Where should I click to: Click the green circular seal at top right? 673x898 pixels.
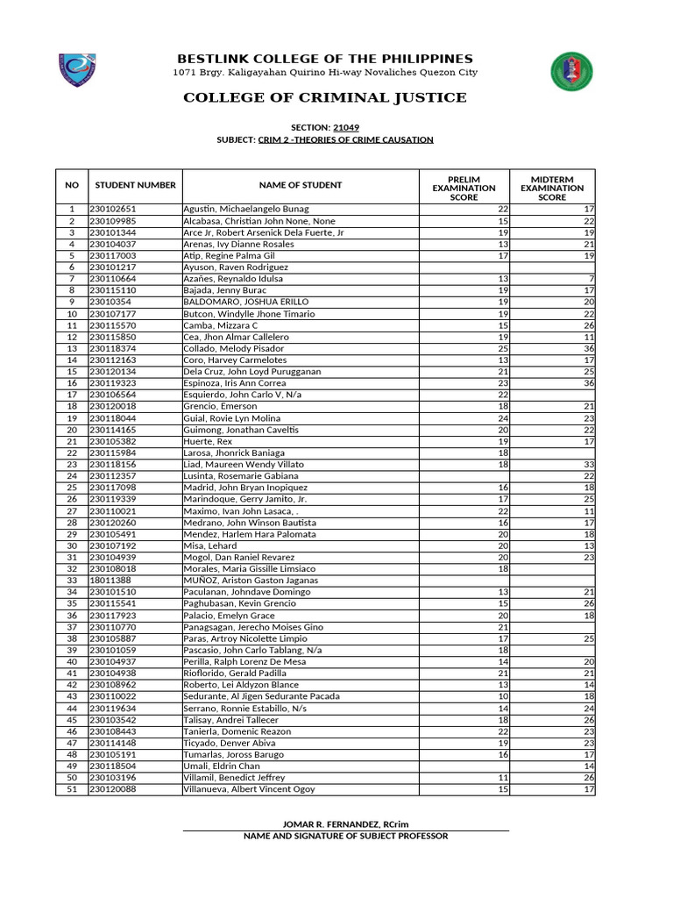[x=571, y=72]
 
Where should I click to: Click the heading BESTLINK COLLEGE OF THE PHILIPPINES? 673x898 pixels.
[x=325, y=58]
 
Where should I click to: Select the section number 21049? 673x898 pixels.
[x=346, y=127]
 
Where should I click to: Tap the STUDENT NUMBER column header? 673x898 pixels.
[x=135, y=185]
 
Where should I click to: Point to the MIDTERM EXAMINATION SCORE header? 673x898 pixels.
[x=551, y=187]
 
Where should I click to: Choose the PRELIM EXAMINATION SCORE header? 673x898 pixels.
[x=464, y=187]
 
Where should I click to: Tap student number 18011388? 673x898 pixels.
[x=110, y=581]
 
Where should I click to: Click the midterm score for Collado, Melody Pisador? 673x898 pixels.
[x=589, y=348]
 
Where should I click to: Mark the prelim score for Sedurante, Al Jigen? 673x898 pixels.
[x=503, y=696]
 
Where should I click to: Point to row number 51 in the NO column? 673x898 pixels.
[x=71, y=789]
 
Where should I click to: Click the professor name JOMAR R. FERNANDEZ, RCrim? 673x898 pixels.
[x=345, y=823]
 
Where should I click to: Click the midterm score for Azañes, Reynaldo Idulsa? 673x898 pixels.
[x=592, y=279]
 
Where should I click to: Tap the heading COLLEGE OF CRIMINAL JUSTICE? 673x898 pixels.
[x=325, y=97]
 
